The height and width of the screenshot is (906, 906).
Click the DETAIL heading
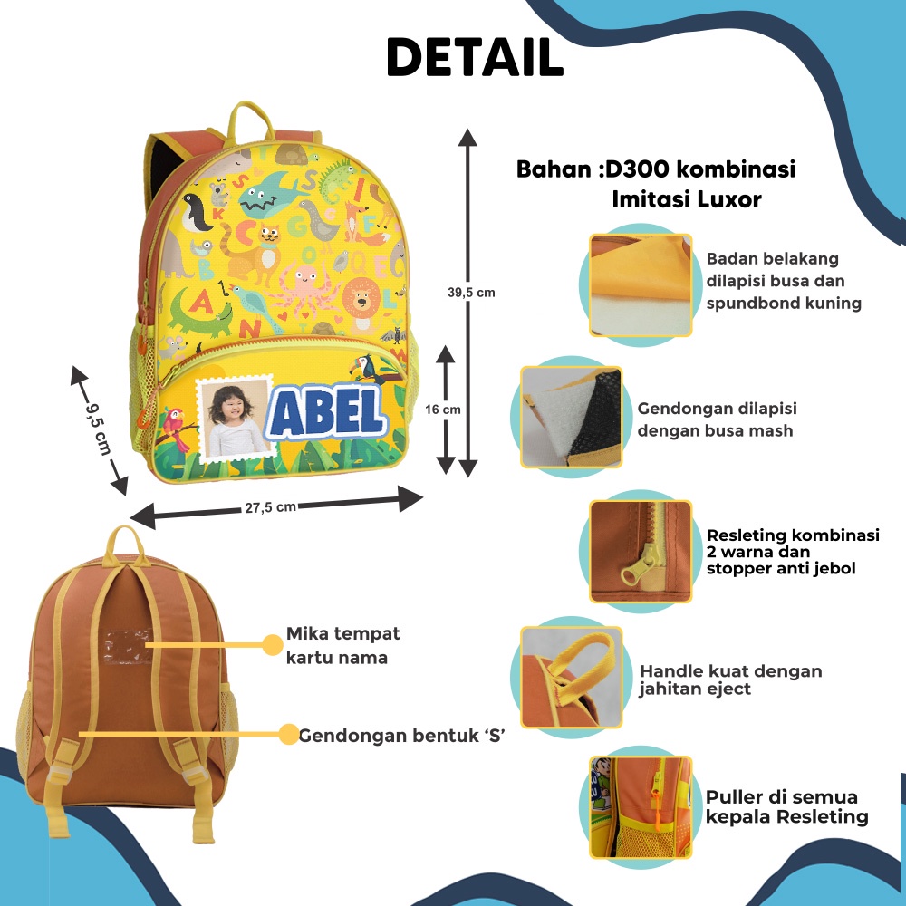[x=475, y=57]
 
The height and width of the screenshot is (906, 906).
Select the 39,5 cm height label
[x=472, y=292]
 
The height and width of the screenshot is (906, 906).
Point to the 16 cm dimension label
[x=443, y=410]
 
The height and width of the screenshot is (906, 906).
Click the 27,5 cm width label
[x=270, y=508]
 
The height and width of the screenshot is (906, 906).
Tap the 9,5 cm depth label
[x=98, y=429]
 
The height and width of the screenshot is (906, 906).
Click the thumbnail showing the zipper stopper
[x=641, y=551]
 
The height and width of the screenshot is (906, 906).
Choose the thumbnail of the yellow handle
[x=571, y=677]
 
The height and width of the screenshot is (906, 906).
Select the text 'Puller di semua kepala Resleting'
[x=786, y=806]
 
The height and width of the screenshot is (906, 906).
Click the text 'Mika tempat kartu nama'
[x=342, y=644]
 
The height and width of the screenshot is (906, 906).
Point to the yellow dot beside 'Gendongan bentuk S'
[x=288, y=734]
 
